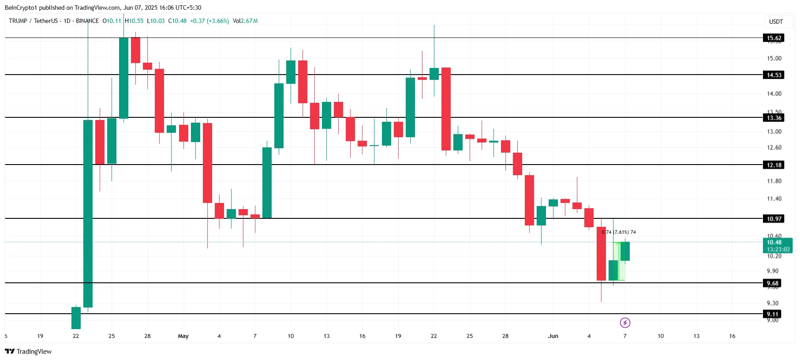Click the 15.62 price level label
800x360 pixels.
[x=774, y=38]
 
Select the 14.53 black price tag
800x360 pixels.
[x=774, y=75]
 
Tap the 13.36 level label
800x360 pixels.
[x=774, y=118]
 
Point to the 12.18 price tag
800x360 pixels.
[x=774, y=165]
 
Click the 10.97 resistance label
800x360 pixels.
[x=774, y=219]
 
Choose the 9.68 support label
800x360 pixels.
[x=772, y=283]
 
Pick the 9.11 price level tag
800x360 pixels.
[x=772, y=314]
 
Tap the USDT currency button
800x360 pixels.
[x=776, y=22]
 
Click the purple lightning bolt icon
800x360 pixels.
[x=625, y=323]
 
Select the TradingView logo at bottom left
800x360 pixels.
[x=28, y=352]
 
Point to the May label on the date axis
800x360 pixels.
[x=183, y=336]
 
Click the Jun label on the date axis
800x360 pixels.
[x=553, y=336]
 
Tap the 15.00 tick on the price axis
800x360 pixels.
[x=774, y=58]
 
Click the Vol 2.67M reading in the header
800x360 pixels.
[x=245, y=21]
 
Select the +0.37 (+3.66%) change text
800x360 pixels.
[x=209, y=21]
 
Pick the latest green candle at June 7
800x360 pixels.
[x=625, y=251]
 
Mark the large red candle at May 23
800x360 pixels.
[x=446, y=109]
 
